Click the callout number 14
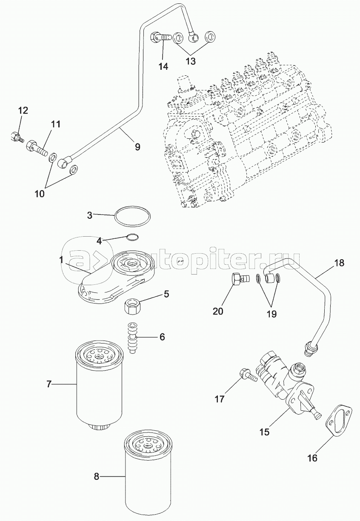coord(163,66)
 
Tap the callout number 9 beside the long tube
coord(137,147)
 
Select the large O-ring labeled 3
coord(132,217)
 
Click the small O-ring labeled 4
coord(132,238)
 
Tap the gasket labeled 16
coord(340,421)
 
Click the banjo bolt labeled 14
coord(161,37)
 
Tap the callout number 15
coord(265,432)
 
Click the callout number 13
coord(190,61)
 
